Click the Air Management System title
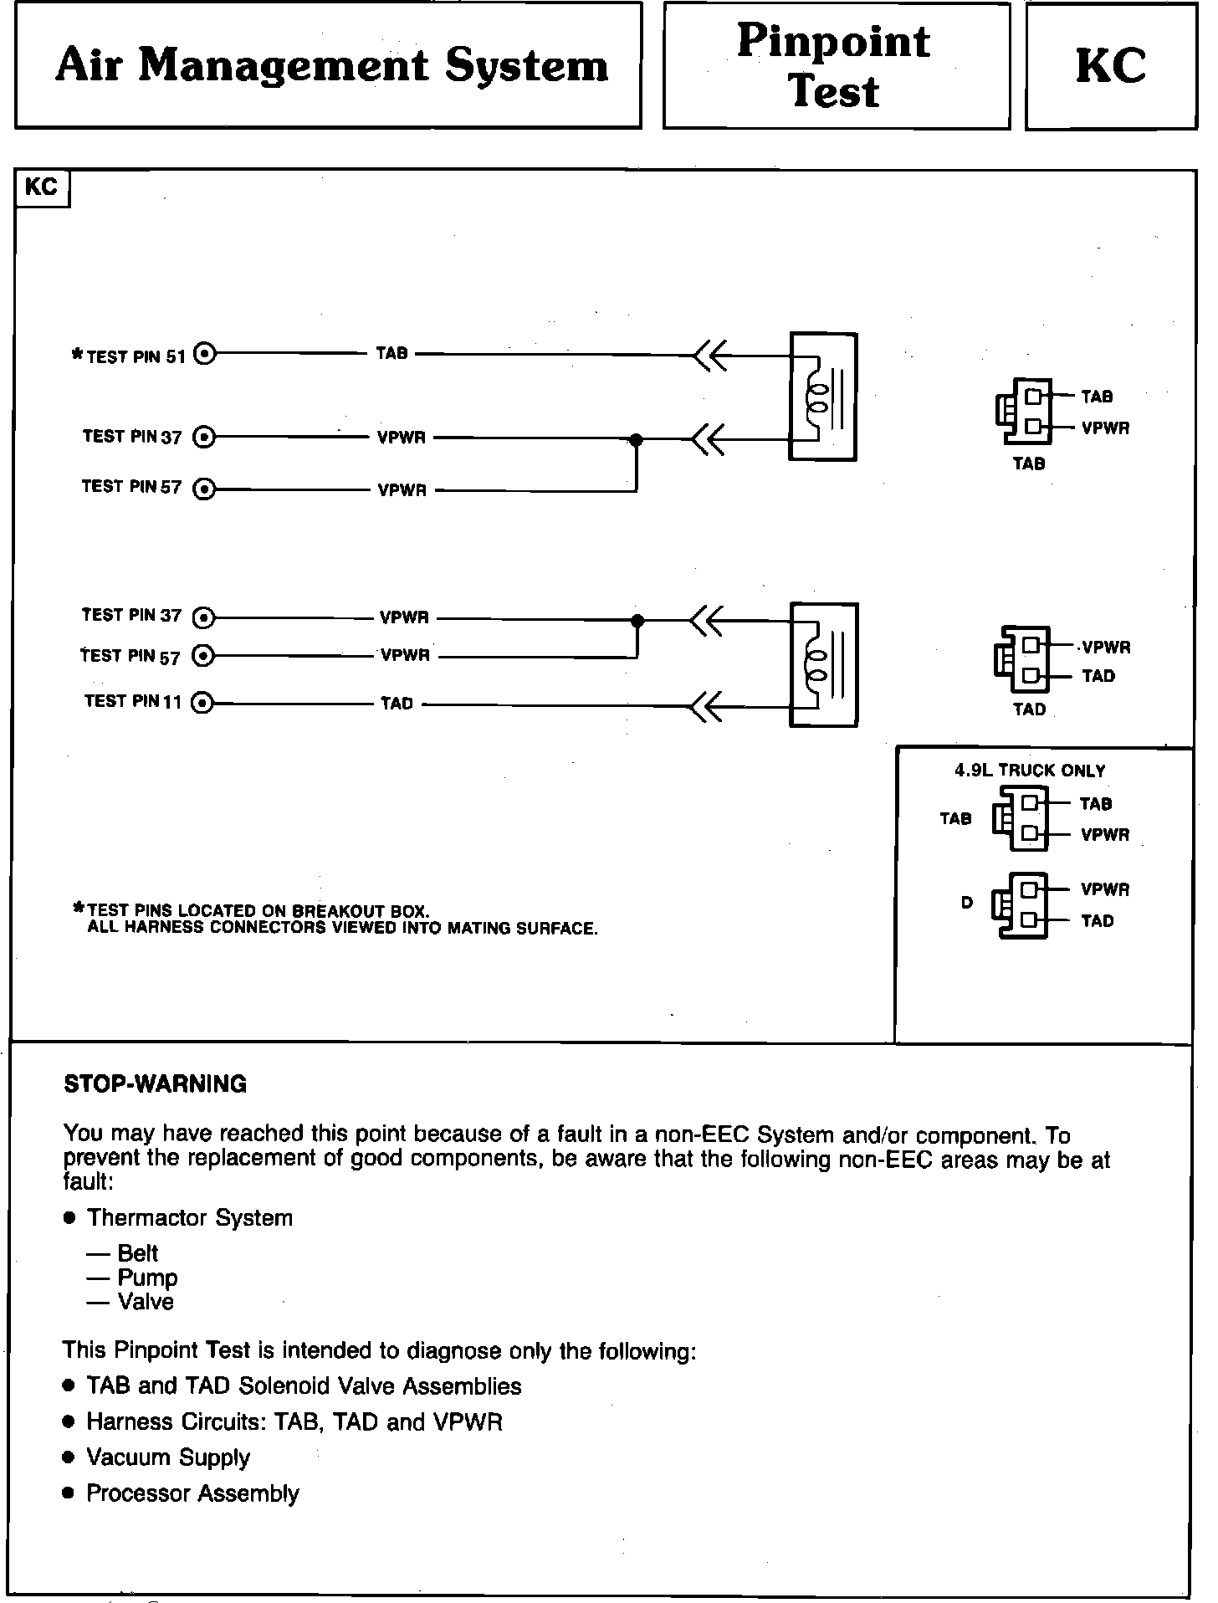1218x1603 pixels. (x=331, y=66)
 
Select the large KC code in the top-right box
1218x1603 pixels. (x=1110, y=66)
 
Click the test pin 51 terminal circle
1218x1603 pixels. (x=205, y=355)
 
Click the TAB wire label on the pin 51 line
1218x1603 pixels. (x=391, y=354)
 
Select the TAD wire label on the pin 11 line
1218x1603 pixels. (x=397, y=704)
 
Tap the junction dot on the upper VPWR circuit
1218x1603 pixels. (x=636, y=439)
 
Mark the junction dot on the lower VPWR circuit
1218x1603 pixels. (x=637, y=621)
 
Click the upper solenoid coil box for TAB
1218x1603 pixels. (x=822, y=397)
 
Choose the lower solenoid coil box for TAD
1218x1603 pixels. (x=824, y=664)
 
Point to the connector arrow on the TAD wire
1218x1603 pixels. (x=706, y=705)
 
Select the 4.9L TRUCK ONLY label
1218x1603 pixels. (x=1030, y=771)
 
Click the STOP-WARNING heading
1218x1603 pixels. (x=156, y=1084)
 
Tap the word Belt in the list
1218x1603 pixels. (x=137, y=1253)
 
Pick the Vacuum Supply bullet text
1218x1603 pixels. (x=168, y=1457)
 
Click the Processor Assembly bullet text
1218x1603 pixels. (x=192, y=1493)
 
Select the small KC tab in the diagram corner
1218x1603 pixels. (x=41, y=187)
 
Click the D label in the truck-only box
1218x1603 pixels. (x=967, y=903)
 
